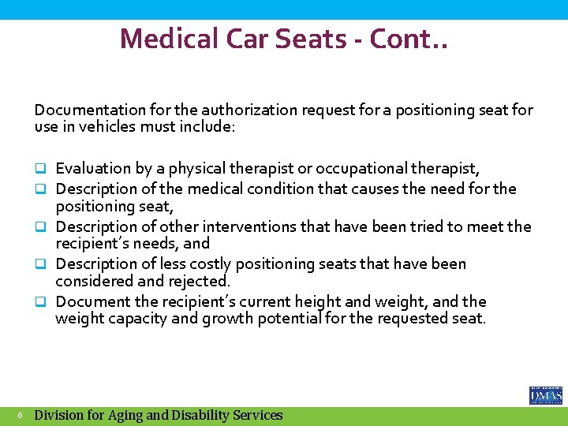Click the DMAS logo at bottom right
(545, 394)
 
